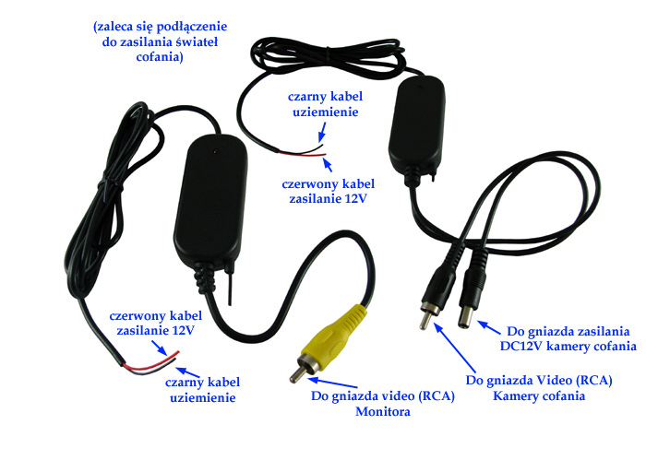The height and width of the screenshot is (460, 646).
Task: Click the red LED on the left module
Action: [x=215, y=152]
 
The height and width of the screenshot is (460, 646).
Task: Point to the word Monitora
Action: [x=383, y=411]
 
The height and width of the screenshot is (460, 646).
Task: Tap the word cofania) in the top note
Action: [x=160, y=57]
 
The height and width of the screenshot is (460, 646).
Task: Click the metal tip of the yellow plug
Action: [x=297, y=374]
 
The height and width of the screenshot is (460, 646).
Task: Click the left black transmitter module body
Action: [x=211, y=202]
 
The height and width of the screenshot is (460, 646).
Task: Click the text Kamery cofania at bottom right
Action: [x=539, y=396]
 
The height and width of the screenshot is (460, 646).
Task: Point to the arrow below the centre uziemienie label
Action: [x=322, y=134]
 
